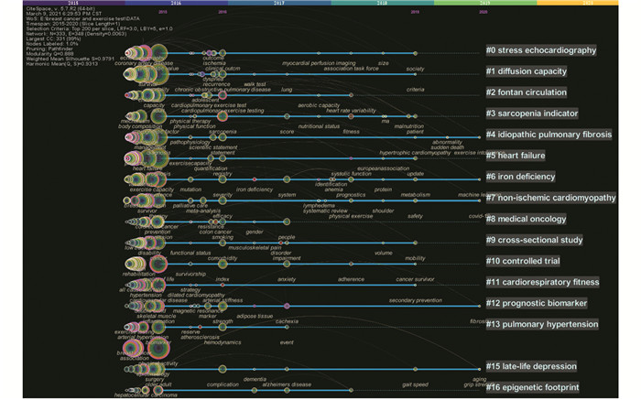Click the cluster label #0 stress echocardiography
pyautogui.click(x=540, y=50)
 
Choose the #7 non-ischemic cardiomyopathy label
pyautogui.click(x=550, y=198)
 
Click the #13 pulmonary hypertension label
pyautogui.click(x=542, y=324)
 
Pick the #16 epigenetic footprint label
pyautogui.click(x=532, y=388)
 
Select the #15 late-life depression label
pyautogui.click(x=535, y=367)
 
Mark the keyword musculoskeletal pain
pyautogui.click(x=255, y=247)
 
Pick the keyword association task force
pyautogui.click(x=351, y=69)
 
